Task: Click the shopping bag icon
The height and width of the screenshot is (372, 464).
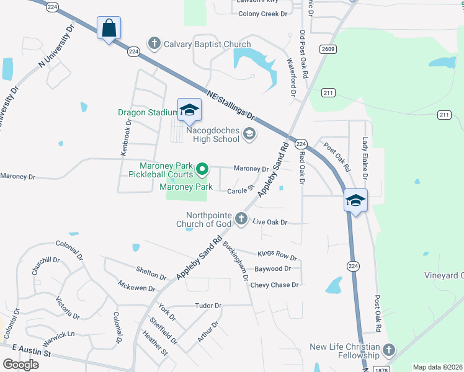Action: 109,29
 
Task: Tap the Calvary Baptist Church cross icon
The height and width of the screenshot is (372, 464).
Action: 154,44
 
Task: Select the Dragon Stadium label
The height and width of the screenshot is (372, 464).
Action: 148,113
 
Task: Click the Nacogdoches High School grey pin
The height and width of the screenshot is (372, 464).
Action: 249,134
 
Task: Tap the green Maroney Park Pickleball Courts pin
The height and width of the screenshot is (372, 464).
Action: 202,169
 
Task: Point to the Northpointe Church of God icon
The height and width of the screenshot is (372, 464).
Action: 241,219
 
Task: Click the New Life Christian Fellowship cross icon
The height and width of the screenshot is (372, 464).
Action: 389,350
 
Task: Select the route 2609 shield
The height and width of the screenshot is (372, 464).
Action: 328,48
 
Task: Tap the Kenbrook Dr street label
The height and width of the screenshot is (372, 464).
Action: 126,137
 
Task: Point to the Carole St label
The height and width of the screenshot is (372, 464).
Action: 241,190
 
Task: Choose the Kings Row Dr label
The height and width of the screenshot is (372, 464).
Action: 277,255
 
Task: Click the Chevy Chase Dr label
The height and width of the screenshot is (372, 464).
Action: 274,285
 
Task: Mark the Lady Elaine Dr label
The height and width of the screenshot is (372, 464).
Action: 365,159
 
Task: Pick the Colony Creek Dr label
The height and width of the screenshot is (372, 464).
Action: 263,13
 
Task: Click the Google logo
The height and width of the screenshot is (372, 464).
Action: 20,365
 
